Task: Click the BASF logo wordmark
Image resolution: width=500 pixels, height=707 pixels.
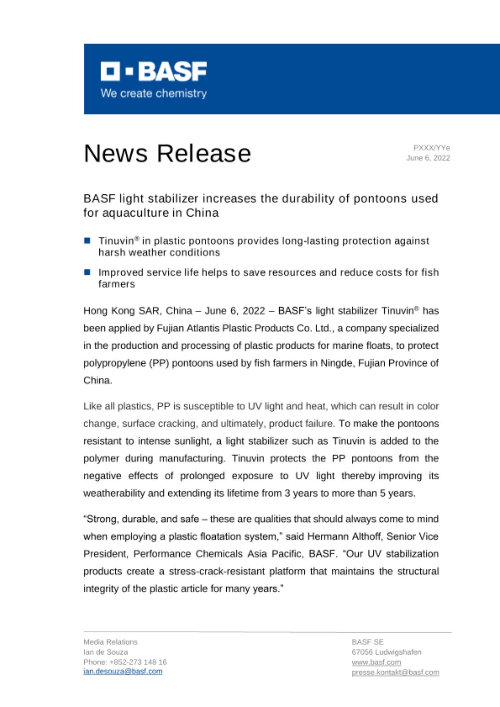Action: click(154, 71)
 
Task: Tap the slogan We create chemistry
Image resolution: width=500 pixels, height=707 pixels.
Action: click(153, 93)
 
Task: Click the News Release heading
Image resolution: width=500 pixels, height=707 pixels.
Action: click(167, 153)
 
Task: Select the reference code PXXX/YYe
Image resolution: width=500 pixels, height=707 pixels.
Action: click(431, 148)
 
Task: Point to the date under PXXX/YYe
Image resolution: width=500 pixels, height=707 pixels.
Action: click(428, 158)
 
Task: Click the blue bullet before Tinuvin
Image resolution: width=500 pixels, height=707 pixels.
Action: click(87, 241)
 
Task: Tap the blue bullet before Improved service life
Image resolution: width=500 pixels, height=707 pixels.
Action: click(87, 272)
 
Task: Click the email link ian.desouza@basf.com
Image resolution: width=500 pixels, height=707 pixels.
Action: click(123, 671)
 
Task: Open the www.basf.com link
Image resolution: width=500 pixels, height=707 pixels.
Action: click(376, 662)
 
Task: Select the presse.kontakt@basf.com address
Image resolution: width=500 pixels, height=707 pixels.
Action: click(395, 672)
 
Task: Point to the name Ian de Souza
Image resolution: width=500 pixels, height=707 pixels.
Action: click(106, 652)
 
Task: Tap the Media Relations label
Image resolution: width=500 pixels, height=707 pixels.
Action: click(110, 642)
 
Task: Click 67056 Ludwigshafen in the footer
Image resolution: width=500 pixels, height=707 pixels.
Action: click(386, 652)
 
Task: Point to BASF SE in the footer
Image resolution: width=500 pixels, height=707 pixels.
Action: click(367, 642)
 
